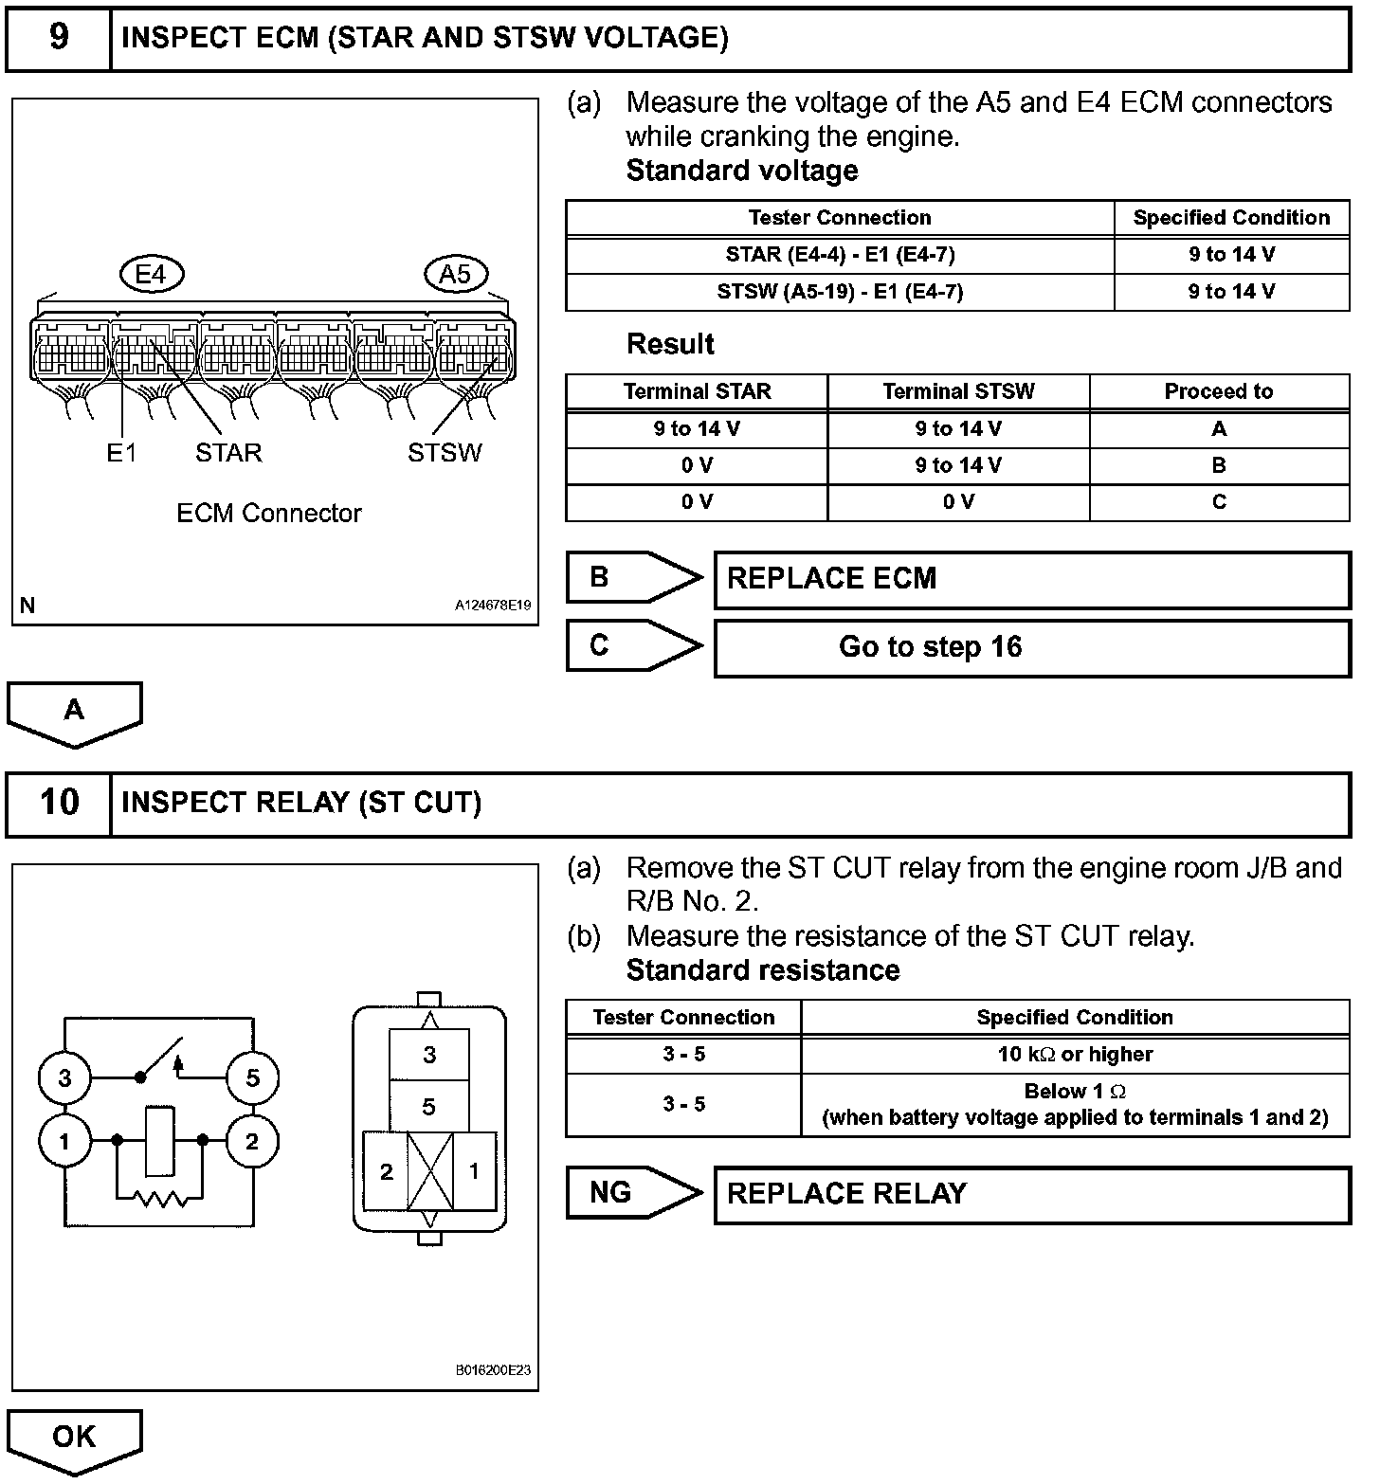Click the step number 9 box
[59, 39]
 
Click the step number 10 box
[59, 804]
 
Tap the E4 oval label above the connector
[151, 275]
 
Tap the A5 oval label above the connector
[455, 275]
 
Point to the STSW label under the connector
[445, 453]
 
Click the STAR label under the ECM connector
[228, 453]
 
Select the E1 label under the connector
[121, 453]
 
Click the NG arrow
[633, 1193]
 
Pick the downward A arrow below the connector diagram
[75, 713]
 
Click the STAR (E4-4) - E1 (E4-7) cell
[840, 255]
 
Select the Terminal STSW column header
[958, 391]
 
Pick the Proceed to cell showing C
[1219, 502]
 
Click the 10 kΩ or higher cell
[1075, 1054]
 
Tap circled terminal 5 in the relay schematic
[252, 1077]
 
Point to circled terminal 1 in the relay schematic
[64, 1141]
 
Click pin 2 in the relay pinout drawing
[386, 1172]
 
